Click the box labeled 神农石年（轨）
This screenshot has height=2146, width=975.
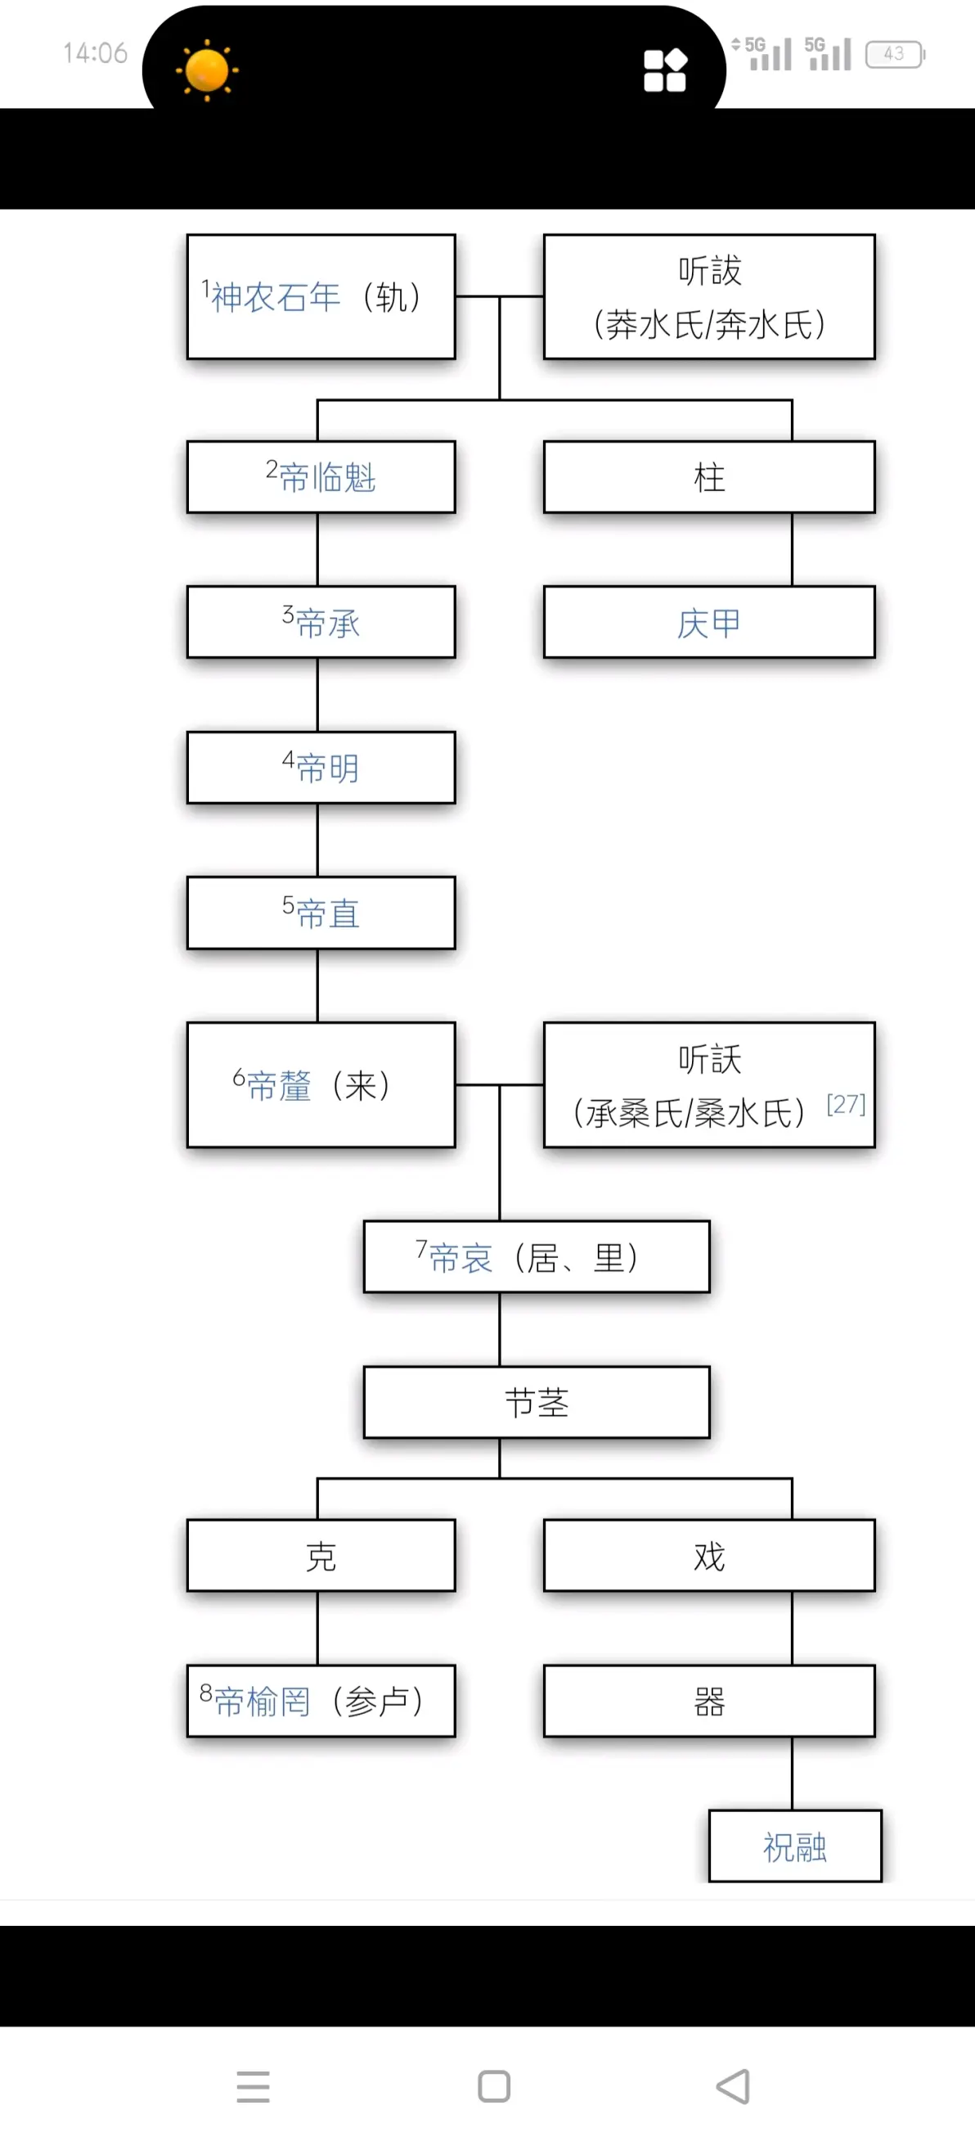[x=321, y=296]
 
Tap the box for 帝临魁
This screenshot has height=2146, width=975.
[x=321, y=477]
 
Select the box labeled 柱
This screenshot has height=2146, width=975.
[x=708, y=477]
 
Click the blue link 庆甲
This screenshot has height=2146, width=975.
[x=708, y=623]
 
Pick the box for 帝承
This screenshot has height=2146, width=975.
[x=321, y=623]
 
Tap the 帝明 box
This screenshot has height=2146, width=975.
[x=321, y=768]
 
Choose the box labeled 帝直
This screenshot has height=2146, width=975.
[x=321, y=913]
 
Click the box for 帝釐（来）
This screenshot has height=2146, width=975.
[x=321, y=1085]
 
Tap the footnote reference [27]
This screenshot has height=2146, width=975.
[x=845, y=1105]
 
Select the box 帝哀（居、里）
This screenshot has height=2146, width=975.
[x=537, y=1257]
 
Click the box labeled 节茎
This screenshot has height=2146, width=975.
[x=537, y=1403]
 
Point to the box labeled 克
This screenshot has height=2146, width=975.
[x=321, y=1556]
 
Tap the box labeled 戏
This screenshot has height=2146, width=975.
[x=708, y=1556]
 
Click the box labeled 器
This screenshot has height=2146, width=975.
[x=708, y=1701]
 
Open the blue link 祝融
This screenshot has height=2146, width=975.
[x=794, y=1847]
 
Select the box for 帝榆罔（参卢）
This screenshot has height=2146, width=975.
[x=321, y=1701]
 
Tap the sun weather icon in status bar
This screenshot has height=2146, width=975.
[x=206, y=70]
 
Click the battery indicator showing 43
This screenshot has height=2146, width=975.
[x=894, y=54]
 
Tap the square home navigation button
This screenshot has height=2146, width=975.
[x=494, y=2086]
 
